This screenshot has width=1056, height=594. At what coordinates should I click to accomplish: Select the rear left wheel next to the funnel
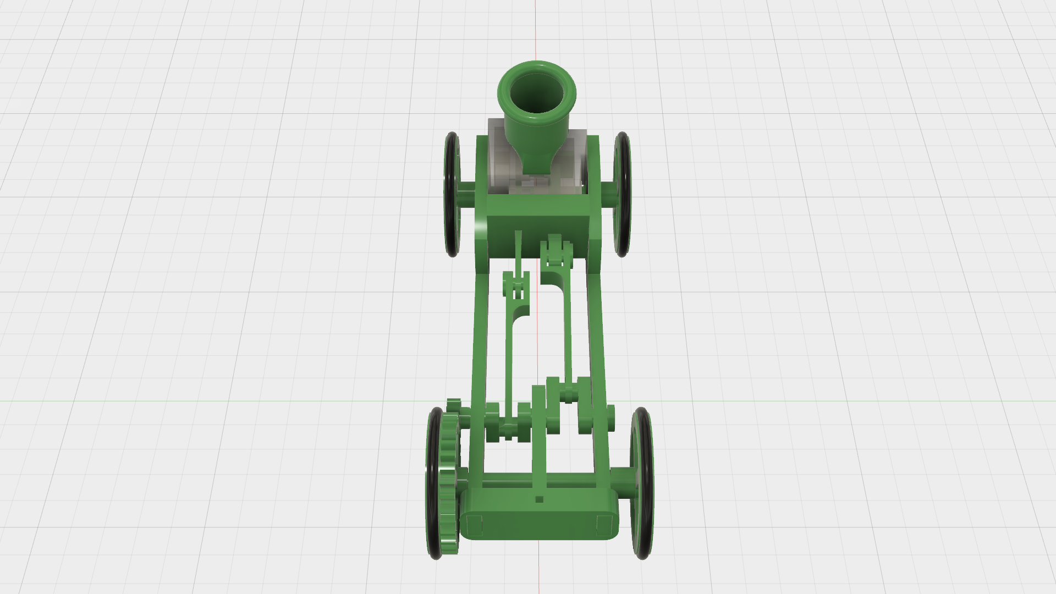pos(452,194)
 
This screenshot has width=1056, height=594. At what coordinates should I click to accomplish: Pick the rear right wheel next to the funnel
pos(623,194)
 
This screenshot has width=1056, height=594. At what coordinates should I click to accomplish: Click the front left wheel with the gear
pos(434,484)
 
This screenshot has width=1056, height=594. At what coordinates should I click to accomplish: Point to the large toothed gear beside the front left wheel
pos(450,484)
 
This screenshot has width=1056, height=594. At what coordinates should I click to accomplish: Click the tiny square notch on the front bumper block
pos(539,499)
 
